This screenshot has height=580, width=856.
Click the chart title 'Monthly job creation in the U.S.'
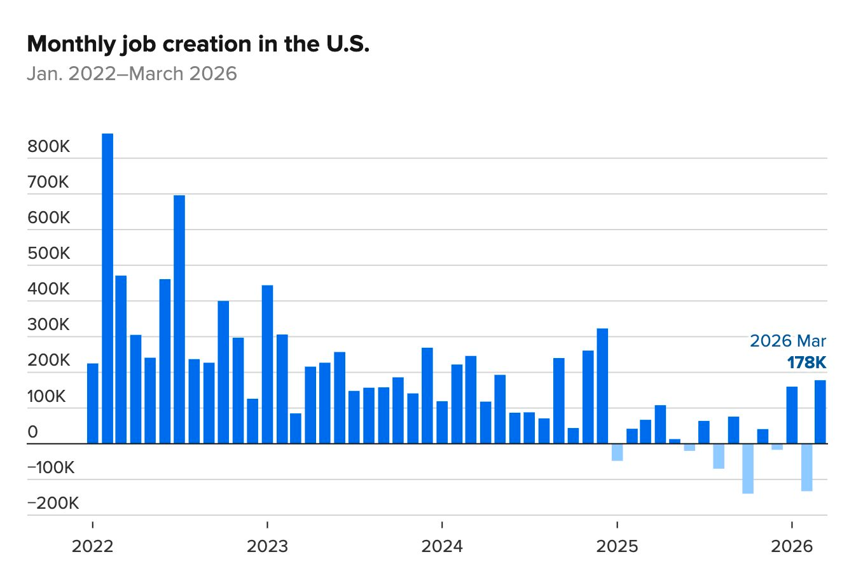198,45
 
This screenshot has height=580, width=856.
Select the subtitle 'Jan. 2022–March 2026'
132,74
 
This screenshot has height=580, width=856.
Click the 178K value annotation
806,362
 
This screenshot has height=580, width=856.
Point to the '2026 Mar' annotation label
788,341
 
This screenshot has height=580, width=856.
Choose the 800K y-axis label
49,147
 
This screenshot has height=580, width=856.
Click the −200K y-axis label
53,504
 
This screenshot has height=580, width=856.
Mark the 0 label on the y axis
33,432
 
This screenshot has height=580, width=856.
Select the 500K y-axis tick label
49,254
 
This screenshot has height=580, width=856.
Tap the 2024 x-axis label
442,546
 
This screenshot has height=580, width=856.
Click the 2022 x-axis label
93,546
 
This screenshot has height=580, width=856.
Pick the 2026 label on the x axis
792,546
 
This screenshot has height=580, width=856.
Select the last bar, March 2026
820,411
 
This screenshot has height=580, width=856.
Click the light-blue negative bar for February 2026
806,467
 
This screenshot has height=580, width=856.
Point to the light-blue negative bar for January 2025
617,452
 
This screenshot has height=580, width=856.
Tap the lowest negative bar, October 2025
748,469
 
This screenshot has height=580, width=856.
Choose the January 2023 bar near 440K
267,364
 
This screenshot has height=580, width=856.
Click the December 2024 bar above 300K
602,385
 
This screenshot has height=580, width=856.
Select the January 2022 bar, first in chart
93,403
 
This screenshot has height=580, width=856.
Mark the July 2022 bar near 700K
179,319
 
